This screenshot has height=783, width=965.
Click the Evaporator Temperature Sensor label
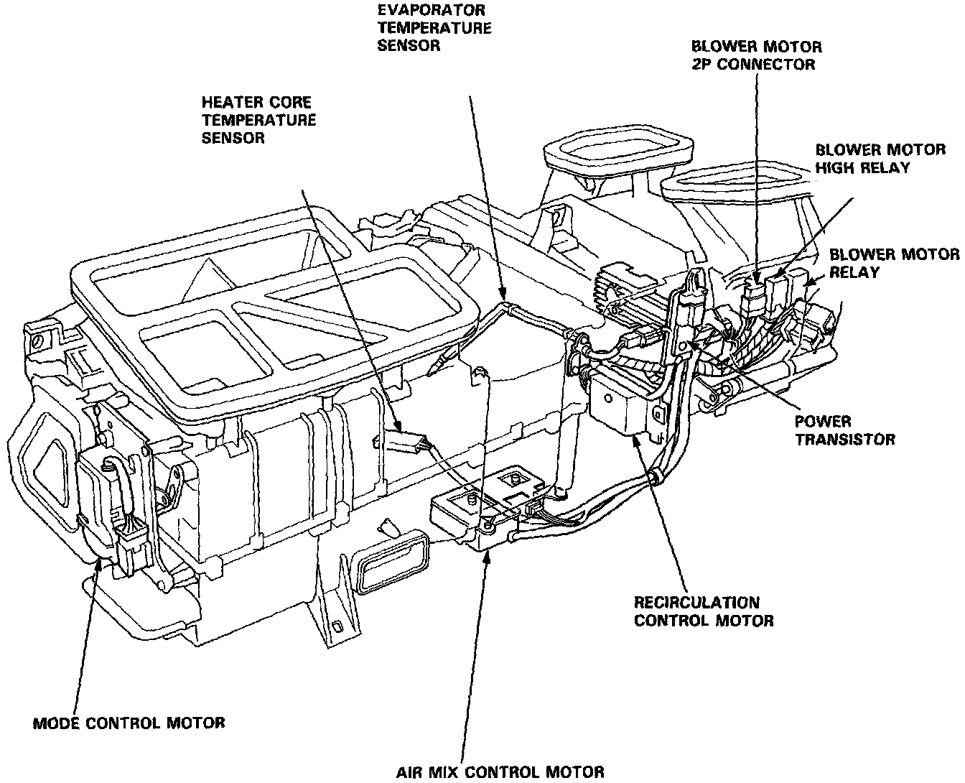(434, 28)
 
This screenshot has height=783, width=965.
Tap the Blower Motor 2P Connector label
(757, 55)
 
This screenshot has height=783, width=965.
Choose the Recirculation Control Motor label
(704, 611)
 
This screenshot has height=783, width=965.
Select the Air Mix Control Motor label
(500, 772)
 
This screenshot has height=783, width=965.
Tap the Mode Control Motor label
(129, 722)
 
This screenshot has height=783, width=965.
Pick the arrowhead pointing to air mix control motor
(488, 555)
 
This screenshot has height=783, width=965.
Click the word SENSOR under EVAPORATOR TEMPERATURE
(410, 45)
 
